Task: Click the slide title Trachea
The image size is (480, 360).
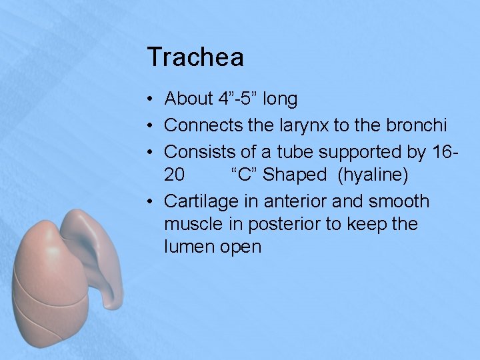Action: (x=195, y=57)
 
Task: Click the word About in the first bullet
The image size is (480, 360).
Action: (x=189, y=99)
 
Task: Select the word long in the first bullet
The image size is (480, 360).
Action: (x=280, y=99)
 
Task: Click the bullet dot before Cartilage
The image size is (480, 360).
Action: (x=152, y=201)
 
